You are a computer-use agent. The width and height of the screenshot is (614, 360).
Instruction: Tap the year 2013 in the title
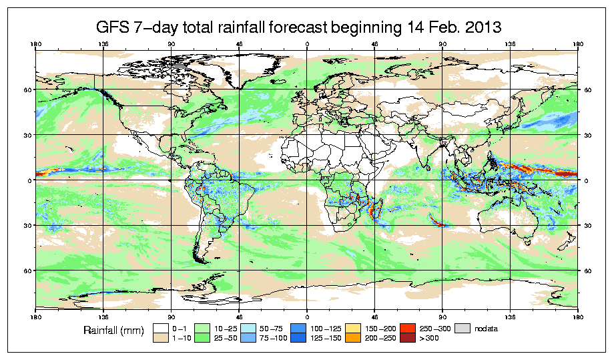click(x=479, y=28)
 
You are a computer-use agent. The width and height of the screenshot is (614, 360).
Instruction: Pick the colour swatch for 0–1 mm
click(x=161, y=328)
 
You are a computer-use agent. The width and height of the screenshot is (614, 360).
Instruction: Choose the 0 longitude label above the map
click(x=307, y=45)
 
